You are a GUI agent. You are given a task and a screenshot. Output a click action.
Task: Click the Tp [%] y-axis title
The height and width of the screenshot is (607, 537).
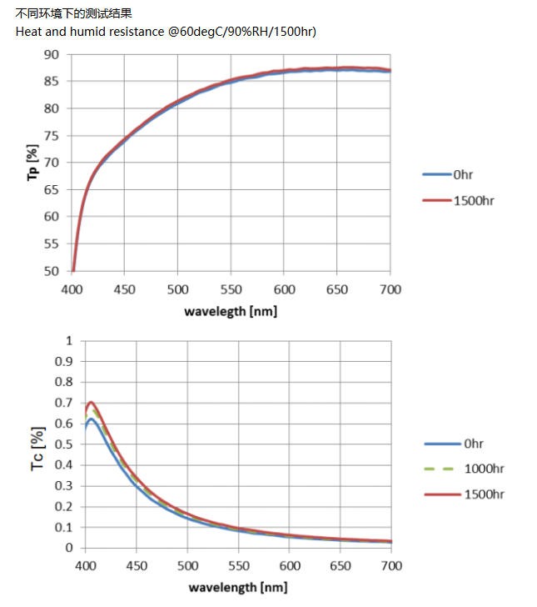click(32, 163)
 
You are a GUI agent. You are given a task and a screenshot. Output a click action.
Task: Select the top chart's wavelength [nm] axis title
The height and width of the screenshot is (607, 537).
click(231, 311)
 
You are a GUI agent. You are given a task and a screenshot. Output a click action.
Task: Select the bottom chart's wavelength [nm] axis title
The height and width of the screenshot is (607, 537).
click(237, 586)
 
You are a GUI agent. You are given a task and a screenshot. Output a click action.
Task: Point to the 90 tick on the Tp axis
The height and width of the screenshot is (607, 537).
click(52, 54)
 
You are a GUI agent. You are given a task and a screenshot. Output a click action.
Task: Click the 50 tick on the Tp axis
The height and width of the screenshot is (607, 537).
click(52, 271)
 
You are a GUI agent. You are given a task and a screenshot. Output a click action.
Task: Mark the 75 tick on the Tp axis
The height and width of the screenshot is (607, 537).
click(52, 135)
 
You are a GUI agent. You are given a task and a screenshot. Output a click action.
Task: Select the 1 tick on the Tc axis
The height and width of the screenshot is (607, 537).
click(68, 340)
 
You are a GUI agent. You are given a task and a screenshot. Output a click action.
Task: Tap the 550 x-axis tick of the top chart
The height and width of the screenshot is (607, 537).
click(231, 289)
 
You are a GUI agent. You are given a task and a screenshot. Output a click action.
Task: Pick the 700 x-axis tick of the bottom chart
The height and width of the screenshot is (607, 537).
click(390, 565)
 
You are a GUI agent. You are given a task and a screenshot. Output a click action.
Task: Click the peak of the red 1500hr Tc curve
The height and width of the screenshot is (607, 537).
click(91, 403)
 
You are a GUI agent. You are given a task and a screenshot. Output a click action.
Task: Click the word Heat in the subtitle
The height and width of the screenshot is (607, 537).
click(29, 31)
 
